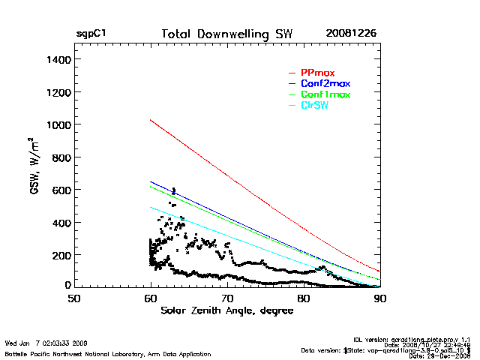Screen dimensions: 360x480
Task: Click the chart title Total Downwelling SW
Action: [x=227, y=34]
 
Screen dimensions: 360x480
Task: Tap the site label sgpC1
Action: [x=91, y=34]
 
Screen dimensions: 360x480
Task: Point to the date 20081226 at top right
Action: [x=351, y=34]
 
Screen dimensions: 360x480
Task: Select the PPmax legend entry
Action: [x=317, y=73]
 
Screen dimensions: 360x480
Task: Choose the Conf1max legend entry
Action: [x=325, y=94]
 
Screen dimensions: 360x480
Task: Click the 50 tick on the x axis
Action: [x=74, y=298]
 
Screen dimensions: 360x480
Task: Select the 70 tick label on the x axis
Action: [x=227, y=298]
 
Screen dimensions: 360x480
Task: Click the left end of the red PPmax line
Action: [x=151, y=119]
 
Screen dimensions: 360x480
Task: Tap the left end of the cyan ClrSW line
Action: [x=151, y=207]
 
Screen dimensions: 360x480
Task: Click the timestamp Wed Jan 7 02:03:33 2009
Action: [x=46, y=343]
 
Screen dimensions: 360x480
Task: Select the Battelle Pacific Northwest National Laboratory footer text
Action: [x=108, y=353]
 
